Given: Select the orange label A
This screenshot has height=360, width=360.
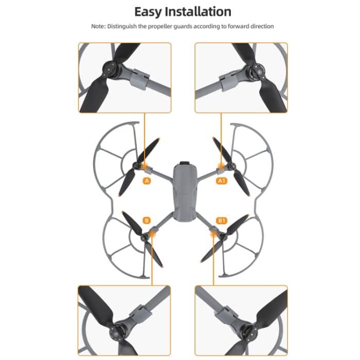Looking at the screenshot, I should click(x=148, y=181).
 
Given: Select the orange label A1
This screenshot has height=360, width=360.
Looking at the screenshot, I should click(x=222, y=181).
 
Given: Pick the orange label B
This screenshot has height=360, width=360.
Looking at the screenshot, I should click(x=147, y=221).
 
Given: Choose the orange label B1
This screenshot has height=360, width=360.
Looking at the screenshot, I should click(x=222, y=221).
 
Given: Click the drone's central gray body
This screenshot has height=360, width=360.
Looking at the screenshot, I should click(x=184, y=190).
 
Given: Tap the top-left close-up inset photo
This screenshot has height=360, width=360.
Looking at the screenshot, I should click(x=124, y=78).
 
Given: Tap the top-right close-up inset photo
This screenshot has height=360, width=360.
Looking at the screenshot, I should click(x=241, y=78).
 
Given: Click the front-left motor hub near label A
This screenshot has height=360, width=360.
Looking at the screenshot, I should click(x=137, y=165).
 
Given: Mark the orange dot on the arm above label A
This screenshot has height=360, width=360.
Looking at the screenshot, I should click(x=145, y=167).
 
